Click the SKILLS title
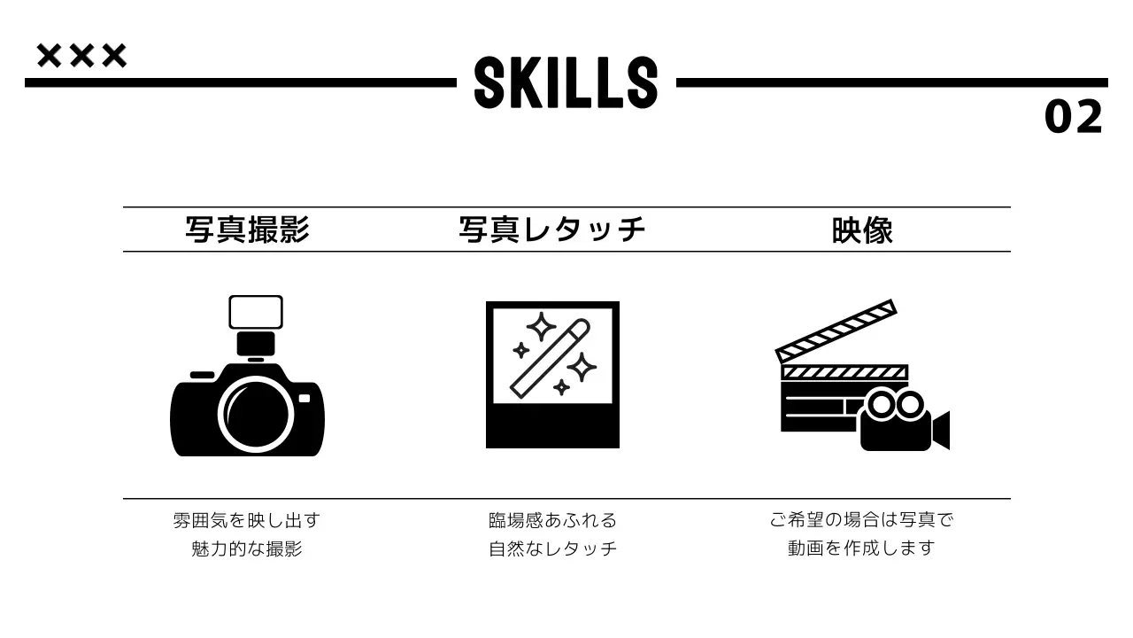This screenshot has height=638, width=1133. pos(566,82)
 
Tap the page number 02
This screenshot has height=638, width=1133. pos(1074,117)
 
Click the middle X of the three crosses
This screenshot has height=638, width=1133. pos(81,56)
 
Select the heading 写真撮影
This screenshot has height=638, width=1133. pos(247,230)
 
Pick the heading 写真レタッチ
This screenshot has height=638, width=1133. pos(552,230)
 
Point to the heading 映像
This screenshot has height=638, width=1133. pos(862,230)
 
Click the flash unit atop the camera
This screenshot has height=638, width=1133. pos(256,313)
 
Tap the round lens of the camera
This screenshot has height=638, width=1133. pos(255,414)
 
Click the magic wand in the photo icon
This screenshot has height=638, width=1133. pos(550,358)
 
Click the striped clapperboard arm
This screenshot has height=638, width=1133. pos(836,331)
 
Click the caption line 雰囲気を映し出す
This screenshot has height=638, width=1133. pos(246,520)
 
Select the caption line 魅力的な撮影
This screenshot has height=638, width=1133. pos(246,549)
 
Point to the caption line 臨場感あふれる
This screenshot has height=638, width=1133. pos(552,520)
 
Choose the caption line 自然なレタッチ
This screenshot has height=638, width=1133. pos(552,549)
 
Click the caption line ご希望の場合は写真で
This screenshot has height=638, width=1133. pos(861,519)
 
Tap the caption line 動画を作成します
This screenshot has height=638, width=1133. pos(861,548)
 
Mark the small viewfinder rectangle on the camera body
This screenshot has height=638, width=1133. pos(304,399)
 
